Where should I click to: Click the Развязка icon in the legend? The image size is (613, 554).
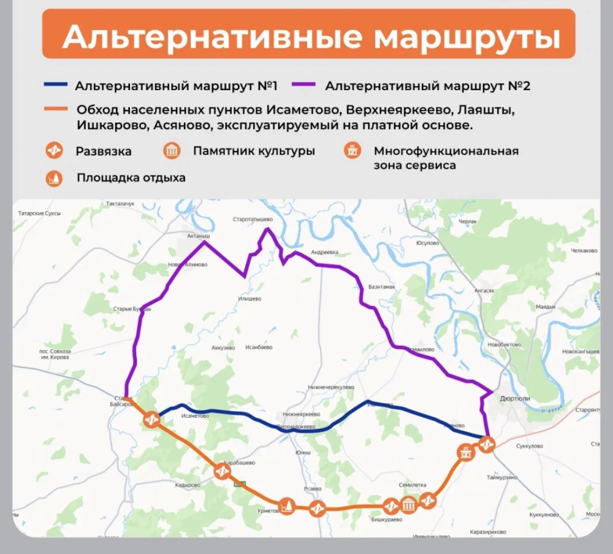[x=55, y=151]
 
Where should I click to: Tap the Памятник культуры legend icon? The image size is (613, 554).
[x=172, y=151]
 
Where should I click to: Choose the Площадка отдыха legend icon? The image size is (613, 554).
[x=55, y=179]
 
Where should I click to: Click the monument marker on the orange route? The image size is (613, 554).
[x=409, y=505]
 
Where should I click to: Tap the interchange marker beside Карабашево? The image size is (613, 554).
[x=223, y=472]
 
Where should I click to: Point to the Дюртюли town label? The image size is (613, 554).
[x=515, y=398]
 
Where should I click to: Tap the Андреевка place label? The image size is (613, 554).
[x=324, y=252]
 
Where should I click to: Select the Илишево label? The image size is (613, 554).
[x=249, y=299]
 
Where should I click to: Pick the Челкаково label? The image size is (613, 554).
[x=584, y=251]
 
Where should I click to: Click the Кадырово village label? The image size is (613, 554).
[x=188, y=485]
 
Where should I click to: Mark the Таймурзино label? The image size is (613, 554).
[x=502, y=477]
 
